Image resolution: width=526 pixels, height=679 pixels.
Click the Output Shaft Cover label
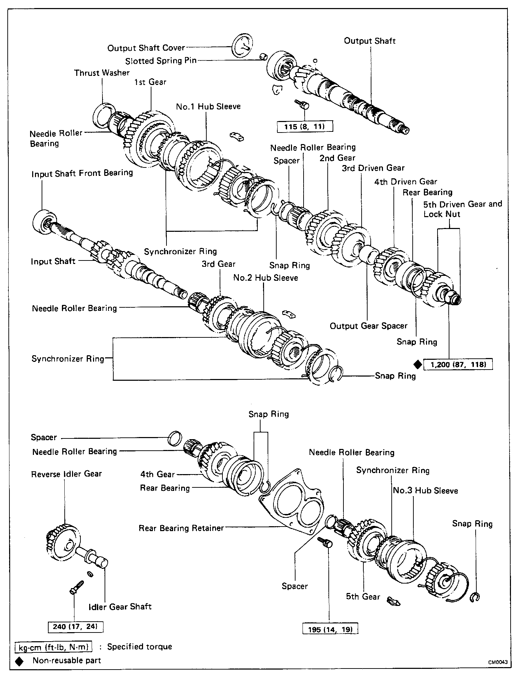click(x=146, y=48)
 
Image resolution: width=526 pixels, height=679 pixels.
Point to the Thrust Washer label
click(x=102, y=73)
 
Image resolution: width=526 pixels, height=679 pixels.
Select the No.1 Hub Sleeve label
click(x=208, y=106)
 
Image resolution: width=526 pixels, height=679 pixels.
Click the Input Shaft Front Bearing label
click(x=82, y=173)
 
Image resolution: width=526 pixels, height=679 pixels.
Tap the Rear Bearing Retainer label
click(x=181, y=528)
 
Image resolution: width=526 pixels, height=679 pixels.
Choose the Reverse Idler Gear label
click(x=66, y=474)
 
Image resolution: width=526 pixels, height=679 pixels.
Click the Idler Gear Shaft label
click(x=120, y=607)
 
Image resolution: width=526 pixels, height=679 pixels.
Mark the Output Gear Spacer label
click(x=369, y=326)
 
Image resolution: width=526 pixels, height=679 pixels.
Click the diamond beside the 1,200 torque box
click(x=417, y=364)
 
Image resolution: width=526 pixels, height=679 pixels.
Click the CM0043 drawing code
click(x=498, y=663)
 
